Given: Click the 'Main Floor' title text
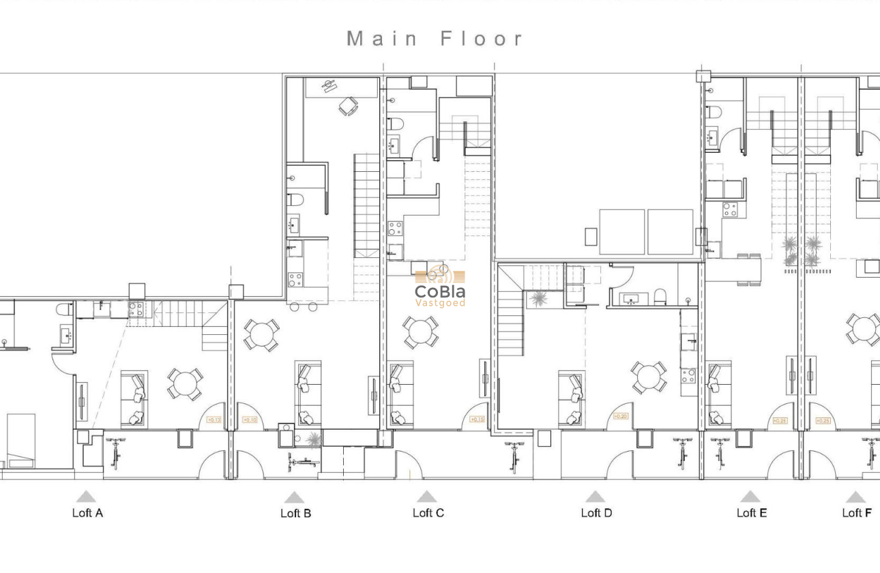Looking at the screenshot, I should click(x=436, y=39).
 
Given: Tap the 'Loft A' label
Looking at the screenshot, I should click(x=87, y=513).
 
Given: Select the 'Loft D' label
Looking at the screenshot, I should click(x=596, y=513).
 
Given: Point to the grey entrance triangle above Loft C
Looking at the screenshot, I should click(x=426, y=497).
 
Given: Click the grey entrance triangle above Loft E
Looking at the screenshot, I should click(x=750, y=497).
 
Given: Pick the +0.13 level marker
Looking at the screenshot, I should click(x=214, y=420).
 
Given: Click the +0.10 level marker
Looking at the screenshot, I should click(x=250, y=420).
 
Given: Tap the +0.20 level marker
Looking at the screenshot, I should click(x=620, y=417).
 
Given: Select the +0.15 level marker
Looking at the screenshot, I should click(x=477, y=420).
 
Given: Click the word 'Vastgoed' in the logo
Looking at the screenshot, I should click(x=440, y=303).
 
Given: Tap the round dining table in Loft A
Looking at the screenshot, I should click(x=184, y=384).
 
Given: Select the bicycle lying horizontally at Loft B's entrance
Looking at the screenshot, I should click(x=303, y=462).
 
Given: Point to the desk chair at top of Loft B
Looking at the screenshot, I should click(x=349, y=106).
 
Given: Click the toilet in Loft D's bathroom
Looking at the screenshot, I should click(x=660, y=296).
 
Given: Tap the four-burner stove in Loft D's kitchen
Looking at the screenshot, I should click(x=688, y=375).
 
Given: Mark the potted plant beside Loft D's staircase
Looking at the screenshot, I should click(x=538, y=299).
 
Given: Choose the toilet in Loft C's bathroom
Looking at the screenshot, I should click(x=396, y=123).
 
